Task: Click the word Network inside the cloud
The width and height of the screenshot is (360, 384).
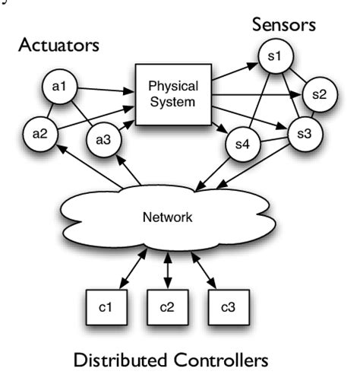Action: click(169, 216)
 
